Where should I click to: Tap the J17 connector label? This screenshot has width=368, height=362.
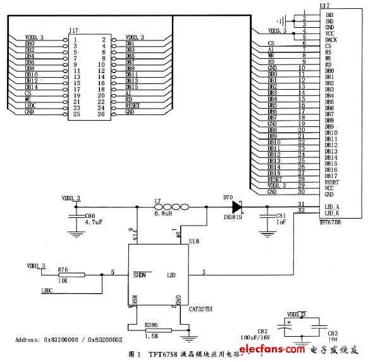[x=74, y=30]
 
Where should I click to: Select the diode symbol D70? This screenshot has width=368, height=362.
[x=237, y=206]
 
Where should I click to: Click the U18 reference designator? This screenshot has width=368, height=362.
[x=195, y=241]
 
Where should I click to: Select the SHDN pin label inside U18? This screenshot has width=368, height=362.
[x=140, y=275]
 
